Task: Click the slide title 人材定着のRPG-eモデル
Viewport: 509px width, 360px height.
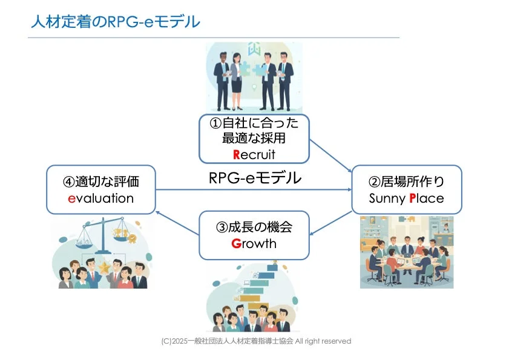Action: coord(115,22)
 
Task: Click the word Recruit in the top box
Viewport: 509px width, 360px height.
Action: coord(254,154)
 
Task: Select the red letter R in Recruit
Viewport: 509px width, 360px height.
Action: coord(237,154)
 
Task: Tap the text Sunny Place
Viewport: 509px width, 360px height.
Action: coord(406,198)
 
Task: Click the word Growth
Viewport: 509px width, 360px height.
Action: coord(254,244)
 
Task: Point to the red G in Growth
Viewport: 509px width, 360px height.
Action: coord(236,244)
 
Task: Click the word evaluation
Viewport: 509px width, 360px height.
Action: coord(100,198)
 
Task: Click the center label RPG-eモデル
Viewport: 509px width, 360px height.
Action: coord(255,178)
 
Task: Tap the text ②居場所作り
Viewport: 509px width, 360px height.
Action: coord(406,181)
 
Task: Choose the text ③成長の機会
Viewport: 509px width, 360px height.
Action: coord(254,227)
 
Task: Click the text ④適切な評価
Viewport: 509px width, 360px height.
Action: coord(100,181)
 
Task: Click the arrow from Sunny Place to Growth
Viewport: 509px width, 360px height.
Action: coord(330,224)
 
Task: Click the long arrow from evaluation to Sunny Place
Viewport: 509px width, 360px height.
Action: coord(254,190)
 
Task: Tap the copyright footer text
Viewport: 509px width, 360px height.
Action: coord(256,341)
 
